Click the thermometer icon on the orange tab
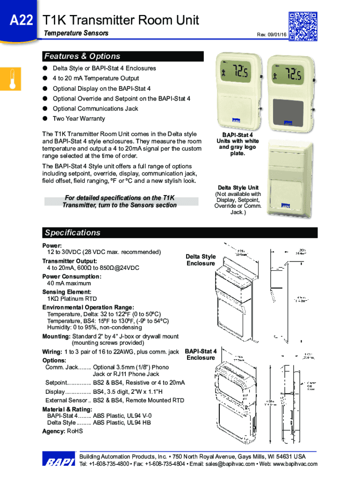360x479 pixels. (x=12, y=79)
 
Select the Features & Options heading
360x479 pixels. (x=82, y=57)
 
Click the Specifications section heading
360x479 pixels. (x=72, y=232)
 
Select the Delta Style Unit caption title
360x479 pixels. (x=238, y=188)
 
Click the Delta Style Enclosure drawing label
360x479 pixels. (x=201, y=260)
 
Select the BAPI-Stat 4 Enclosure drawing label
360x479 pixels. (x=201, y=354)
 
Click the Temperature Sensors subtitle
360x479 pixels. (x=76, y=33)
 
